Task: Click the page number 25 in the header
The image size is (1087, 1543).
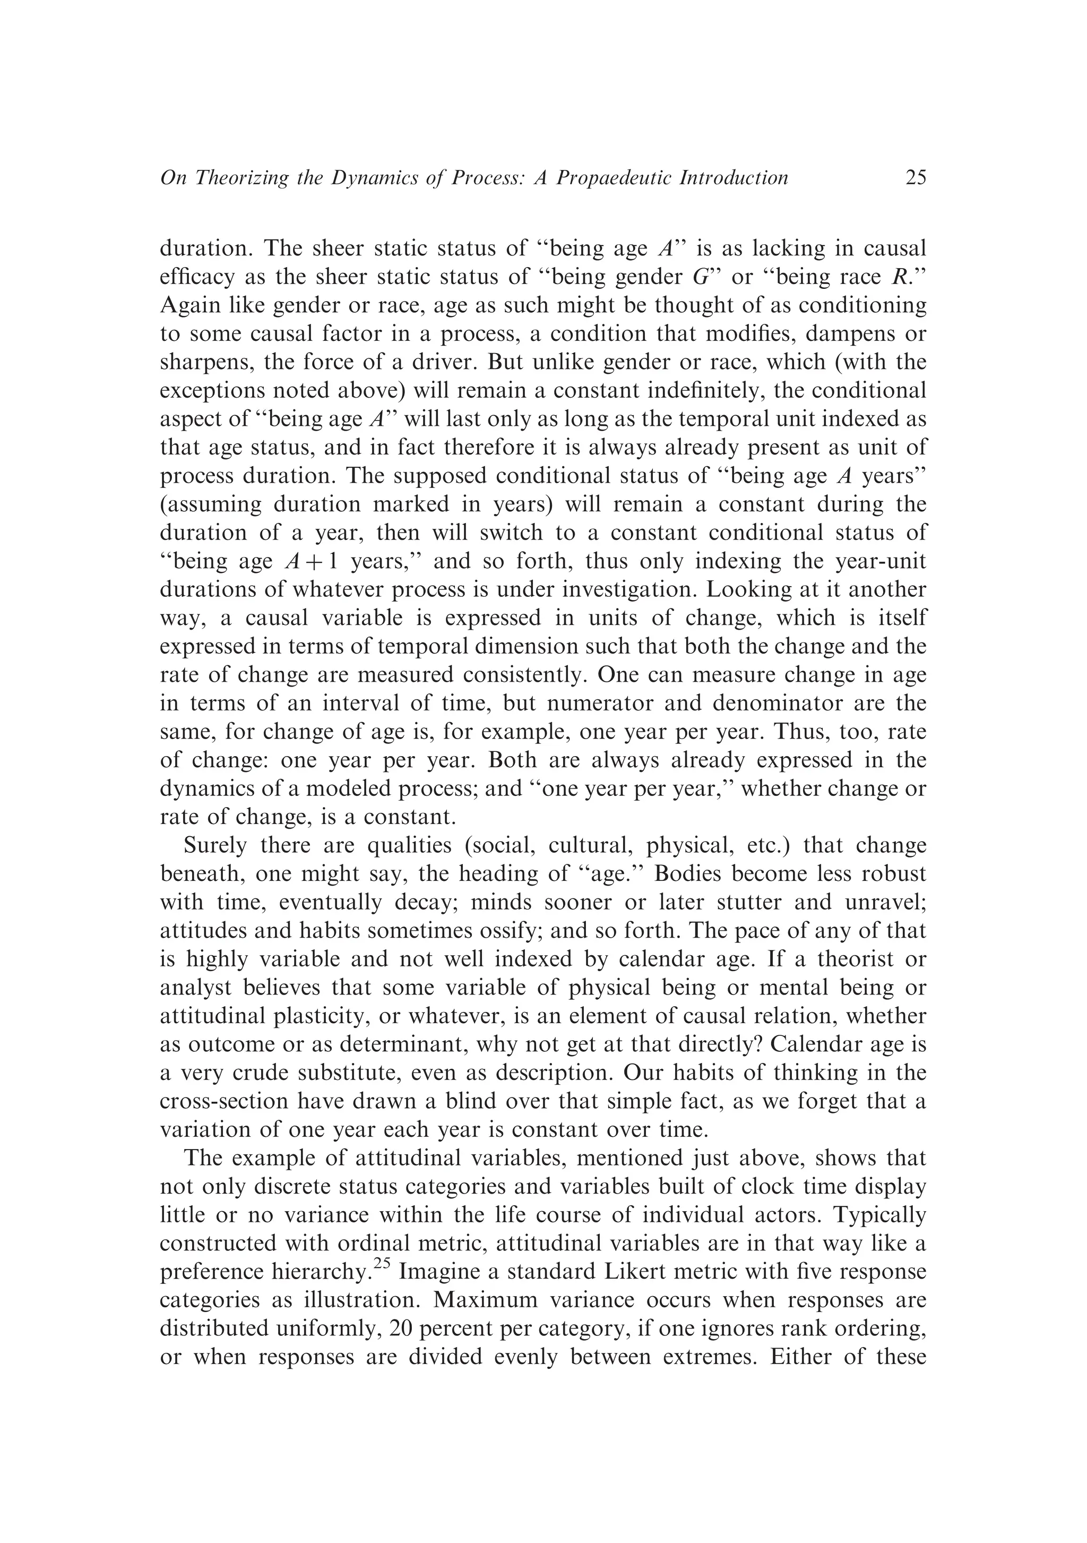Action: pos(916,178)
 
